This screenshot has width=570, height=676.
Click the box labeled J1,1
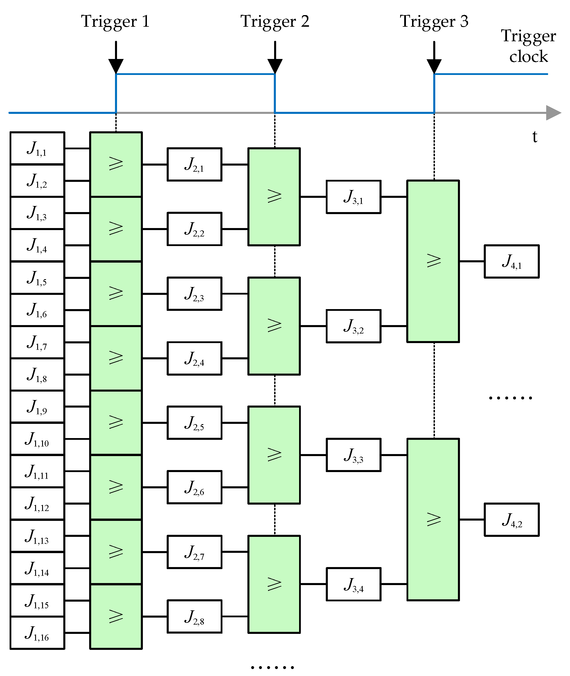(x=37, y=148)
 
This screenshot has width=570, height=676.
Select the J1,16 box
(x=37, y=633)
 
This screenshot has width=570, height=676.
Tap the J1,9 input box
(x=37, y=406)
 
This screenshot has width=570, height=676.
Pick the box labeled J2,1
(x=194, y=164)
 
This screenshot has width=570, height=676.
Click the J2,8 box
(x=194, y=616)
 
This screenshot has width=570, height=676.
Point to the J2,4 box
(x=194, y=358)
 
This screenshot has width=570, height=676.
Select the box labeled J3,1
(x=353, y=197)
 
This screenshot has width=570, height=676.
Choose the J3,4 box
(x=353, y=584)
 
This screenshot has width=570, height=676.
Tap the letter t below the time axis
(x=535, y=137)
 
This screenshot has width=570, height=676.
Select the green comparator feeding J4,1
(x=433, y=261)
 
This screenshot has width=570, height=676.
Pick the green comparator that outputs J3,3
(x=274, y=455)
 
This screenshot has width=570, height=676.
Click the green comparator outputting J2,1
(x=116, y=164)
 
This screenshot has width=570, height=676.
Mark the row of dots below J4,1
(x=510, y=398)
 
